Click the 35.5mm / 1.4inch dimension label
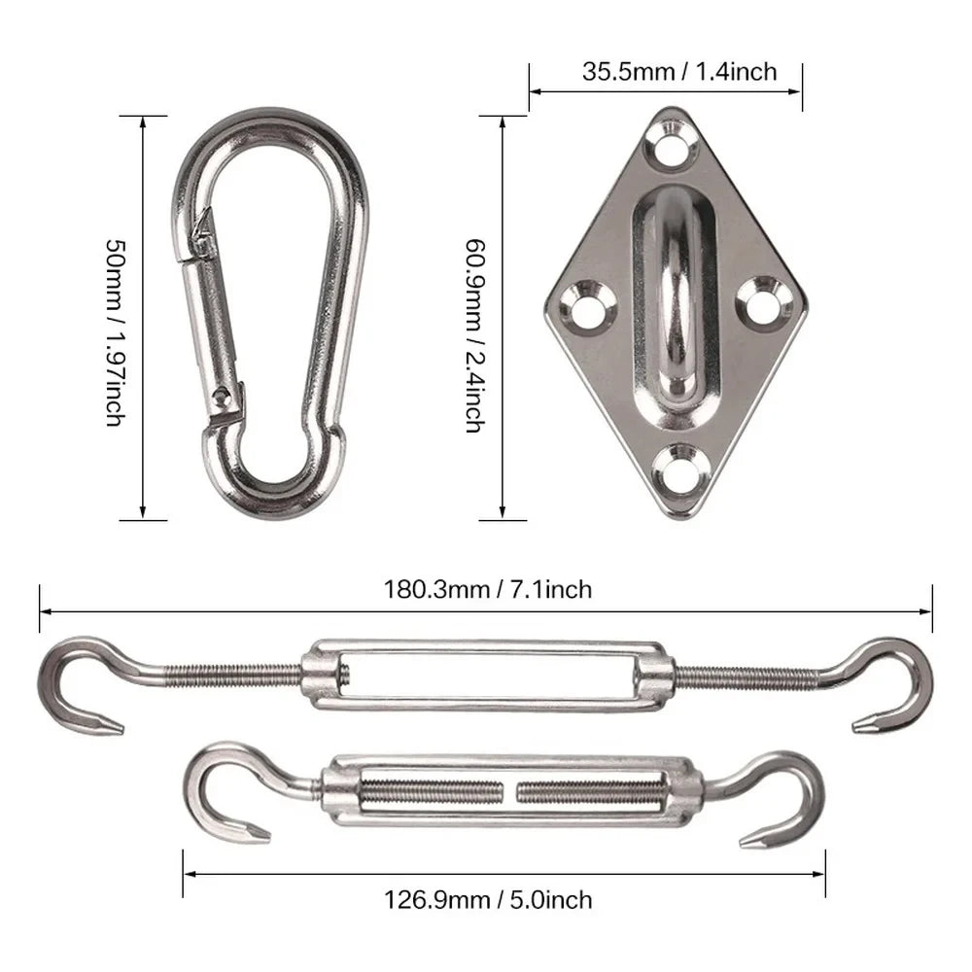click(666, 71)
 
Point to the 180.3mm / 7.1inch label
click(486, 589)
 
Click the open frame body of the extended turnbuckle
click(486, 675)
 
